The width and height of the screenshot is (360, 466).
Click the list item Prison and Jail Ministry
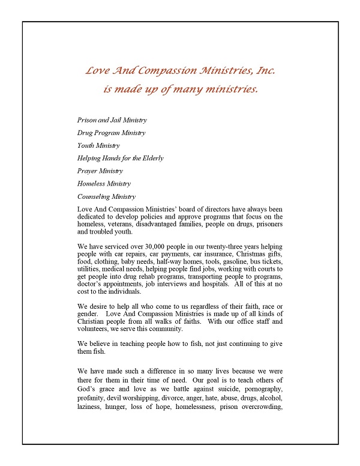point(112,120)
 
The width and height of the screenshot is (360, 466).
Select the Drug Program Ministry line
point(111,133)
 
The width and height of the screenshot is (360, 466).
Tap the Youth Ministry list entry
point(99,145)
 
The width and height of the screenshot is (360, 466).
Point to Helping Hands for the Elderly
point(120,158)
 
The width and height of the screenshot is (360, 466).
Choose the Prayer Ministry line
point(100,171)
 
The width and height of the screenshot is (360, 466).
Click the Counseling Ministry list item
point(107,196)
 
